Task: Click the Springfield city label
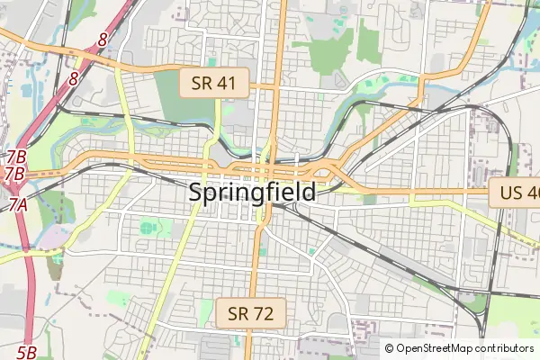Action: [252, 192]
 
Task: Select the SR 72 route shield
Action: [251, 314]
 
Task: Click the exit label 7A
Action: [19, 205]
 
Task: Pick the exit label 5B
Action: [27, 352]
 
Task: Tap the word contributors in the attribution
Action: [504, 348]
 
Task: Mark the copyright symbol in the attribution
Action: [390, 348]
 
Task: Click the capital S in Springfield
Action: [196, 192]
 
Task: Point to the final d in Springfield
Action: [308, 192]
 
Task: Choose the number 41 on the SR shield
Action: [227, 85]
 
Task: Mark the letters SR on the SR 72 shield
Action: [238, 314]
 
